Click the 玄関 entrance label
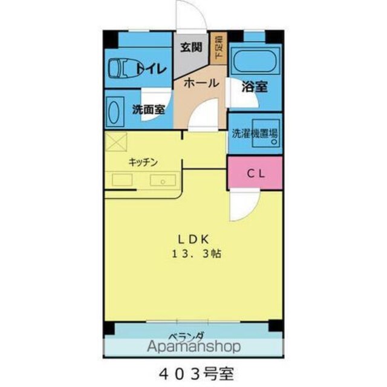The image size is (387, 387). tap(191, 47)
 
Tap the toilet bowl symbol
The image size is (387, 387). tap(123, 68)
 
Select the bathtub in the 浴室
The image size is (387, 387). tap(255, 61)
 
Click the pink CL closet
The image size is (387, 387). tap(255, 174)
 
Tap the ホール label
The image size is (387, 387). tap(201, 83)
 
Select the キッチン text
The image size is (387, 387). tap(143, 162)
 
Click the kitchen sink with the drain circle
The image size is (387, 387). tap(163, 180)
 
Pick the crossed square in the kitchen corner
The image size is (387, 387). tap(115, 141)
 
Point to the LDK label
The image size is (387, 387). tap(194, 239)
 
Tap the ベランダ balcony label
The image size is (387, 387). tap(187, 336)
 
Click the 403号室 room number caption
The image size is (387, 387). tap(196, 374)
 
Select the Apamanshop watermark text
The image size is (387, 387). tap(194, 346)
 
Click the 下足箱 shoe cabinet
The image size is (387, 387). tap(218, 48)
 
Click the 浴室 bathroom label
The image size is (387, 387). tap(255, 86)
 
